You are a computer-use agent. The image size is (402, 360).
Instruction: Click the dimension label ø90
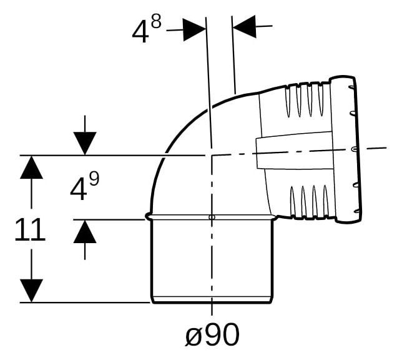click(212, 334)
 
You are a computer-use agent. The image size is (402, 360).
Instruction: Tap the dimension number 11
click(30, 229)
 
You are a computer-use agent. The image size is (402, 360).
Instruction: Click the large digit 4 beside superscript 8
click(140, 33)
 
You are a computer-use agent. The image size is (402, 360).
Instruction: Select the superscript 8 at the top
click(156, 22)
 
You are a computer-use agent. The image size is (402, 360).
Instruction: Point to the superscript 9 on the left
click(94, 179)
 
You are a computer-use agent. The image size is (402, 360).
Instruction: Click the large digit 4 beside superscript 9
click(78, 190)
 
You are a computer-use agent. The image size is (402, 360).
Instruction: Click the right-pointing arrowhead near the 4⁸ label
click(195, 29)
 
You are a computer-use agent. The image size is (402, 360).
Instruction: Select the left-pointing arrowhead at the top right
click(244, 26)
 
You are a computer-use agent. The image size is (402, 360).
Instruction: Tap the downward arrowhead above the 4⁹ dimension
click(85, 144)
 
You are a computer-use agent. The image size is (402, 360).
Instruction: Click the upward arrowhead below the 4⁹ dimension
click(85, 231)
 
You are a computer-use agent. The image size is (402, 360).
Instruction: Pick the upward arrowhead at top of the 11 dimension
click(31, 167)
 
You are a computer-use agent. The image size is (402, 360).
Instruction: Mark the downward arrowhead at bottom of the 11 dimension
click(31, 291)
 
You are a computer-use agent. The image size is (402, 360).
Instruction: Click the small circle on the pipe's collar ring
click(212, 217)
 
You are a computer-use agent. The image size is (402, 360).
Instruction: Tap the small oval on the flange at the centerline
click(354, 149)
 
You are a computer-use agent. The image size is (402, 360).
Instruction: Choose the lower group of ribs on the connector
click(310, 202)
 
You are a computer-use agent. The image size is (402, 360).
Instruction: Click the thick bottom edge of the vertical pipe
click(212, 302)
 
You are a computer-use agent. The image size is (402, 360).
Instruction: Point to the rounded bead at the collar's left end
click(148, 216)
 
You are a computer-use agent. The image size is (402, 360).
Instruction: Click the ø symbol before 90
click(194, 336)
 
